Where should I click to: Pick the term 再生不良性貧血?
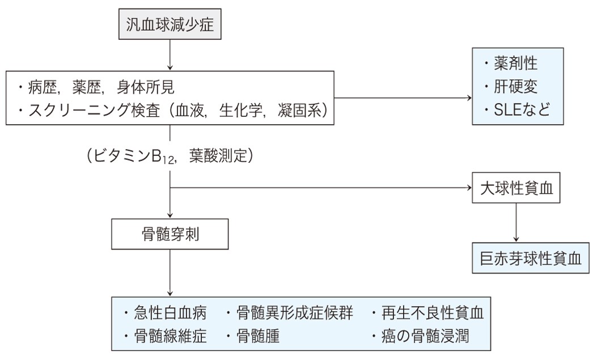point(434,312)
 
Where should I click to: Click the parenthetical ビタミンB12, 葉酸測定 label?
point(170,155)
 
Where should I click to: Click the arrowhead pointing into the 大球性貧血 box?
point(468,188)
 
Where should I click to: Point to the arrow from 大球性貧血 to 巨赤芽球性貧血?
point(516,221)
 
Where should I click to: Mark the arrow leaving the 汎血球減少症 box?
point(170,54)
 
